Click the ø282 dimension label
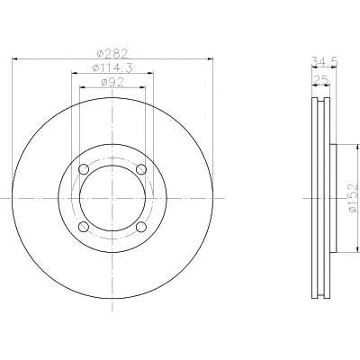pyautogui.click(x=112, y=54)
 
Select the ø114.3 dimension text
pyautogui.click(x=112, y=68)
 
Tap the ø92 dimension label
pyautogui.click(x=112, y=82)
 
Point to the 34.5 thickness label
pyautogui.click(x=325, y=62)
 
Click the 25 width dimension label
pyautogui.click(x=320, y=80)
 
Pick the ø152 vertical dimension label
pyautogui.click(x=354, y=198)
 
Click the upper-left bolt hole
pyautogui.click(x=84, y=169)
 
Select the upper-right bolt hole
pyautogui.click(x=141, y=169)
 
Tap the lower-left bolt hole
pyautogui.click(x=84, y=227)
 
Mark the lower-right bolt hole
pyautogui.click(x=141, y=227)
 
